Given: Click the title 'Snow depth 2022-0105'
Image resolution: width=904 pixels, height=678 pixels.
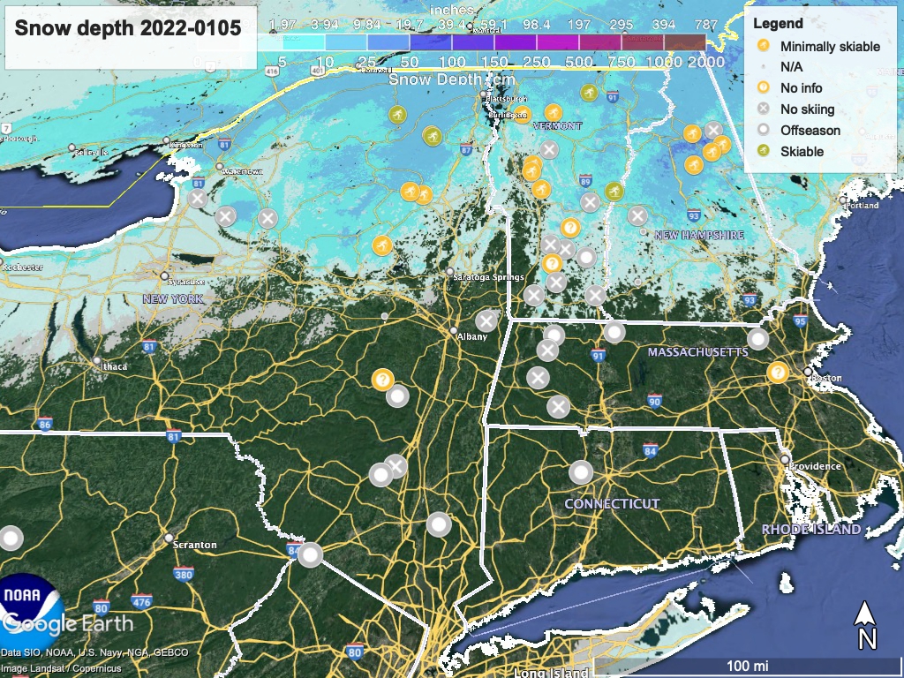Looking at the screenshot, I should click(128, 28).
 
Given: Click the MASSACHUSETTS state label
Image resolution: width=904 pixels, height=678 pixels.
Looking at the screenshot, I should click(697, 352).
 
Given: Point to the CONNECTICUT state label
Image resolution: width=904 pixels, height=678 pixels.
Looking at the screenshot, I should click(612, 503).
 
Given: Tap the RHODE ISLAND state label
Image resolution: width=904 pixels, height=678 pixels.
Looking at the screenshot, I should click(811, 529).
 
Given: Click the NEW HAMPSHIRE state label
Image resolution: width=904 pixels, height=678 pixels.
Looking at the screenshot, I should click(698, 235).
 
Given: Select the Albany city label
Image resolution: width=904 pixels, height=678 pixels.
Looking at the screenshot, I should click(472, 336).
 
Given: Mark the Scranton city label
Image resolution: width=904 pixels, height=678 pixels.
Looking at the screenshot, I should click(195, 545).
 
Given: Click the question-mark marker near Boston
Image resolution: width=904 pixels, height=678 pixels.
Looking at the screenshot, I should click(778, 372).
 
